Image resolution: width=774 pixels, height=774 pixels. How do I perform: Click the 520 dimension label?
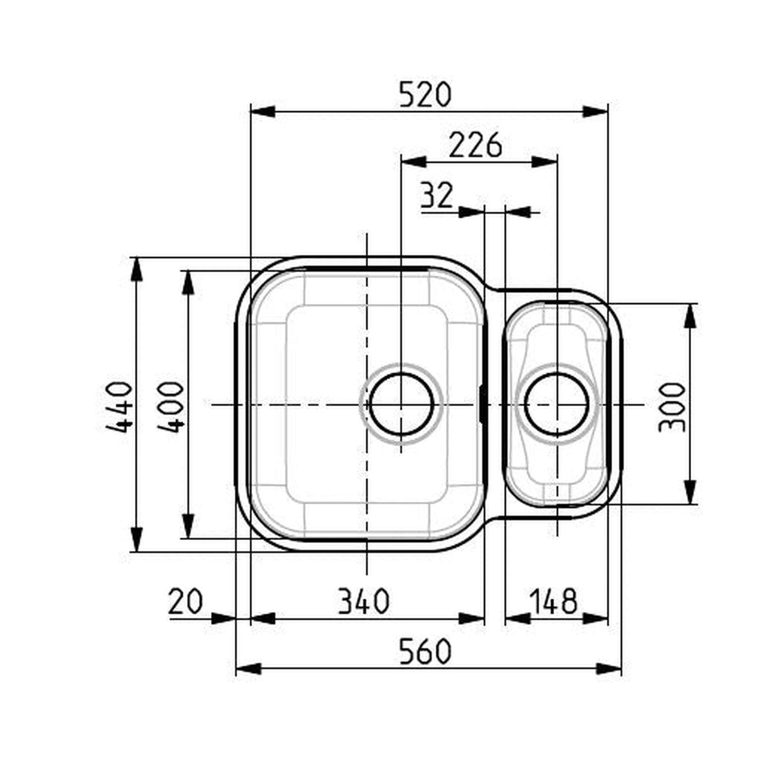point(425,94)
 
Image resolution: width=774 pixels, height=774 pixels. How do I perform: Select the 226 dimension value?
point(475,146)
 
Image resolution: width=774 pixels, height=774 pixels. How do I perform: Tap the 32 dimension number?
point(437,196)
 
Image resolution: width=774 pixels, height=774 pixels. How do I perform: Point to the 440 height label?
point(119,406)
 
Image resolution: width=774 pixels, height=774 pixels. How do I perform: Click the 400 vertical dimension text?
point(170,407)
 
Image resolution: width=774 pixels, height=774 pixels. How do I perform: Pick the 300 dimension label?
point(672,407)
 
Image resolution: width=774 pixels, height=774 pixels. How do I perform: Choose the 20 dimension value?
point(186,601)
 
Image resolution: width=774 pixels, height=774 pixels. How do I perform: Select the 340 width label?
point(363,601)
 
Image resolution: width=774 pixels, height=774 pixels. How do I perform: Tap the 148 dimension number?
point(553,601)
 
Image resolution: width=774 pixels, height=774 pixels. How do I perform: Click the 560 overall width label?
point(425,652)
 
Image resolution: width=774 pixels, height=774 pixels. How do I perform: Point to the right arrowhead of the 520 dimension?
point(595,111)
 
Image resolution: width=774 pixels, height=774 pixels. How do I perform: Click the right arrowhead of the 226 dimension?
point(545,162)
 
